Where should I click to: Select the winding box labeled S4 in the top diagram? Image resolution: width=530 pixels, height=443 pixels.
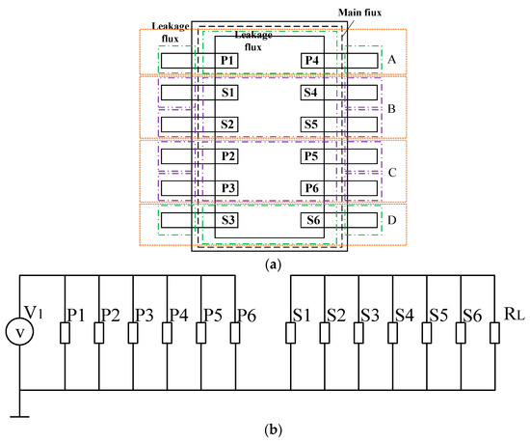311,94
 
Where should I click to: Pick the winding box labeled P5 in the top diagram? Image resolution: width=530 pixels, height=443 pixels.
311,155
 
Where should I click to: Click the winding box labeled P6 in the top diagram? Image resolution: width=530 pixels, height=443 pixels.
311,187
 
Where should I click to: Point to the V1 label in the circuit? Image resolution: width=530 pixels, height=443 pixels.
35,311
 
